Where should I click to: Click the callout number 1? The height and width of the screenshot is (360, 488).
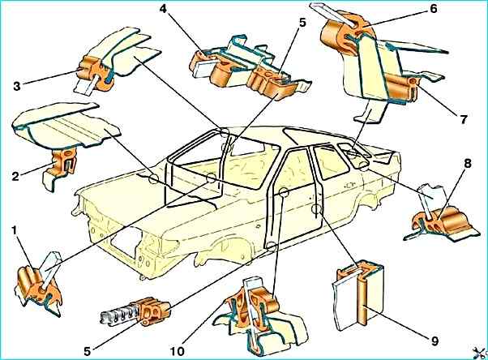[14, 231]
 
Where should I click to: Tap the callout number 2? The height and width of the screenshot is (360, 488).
[15, 176]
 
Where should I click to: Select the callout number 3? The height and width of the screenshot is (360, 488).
[17, 86]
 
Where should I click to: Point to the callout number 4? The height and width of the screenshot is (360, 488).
[163, 9]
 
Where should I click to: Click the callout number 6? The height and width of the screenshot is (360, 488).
[433, 9]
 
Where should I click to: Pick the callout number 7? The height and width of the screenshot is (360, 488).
[464, 119]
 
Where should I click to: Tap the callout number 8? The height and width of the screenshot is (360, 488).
[467, 163]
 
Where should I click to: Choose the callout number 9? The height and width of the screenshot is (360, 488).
[434, 341]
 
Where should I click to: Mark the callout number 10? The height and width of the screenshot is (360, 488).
[178, 352]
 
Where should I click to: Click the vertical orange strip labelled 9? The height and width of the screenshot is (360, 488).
[363, 303]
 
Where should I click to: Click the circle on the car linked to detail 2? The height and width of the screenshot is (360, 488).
[154, 179]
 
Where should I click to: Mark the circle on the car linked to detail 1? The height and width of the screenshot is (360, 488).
[211, 178]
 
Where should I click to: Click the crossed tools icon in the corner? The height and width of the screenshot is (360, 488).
[480, 353]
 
